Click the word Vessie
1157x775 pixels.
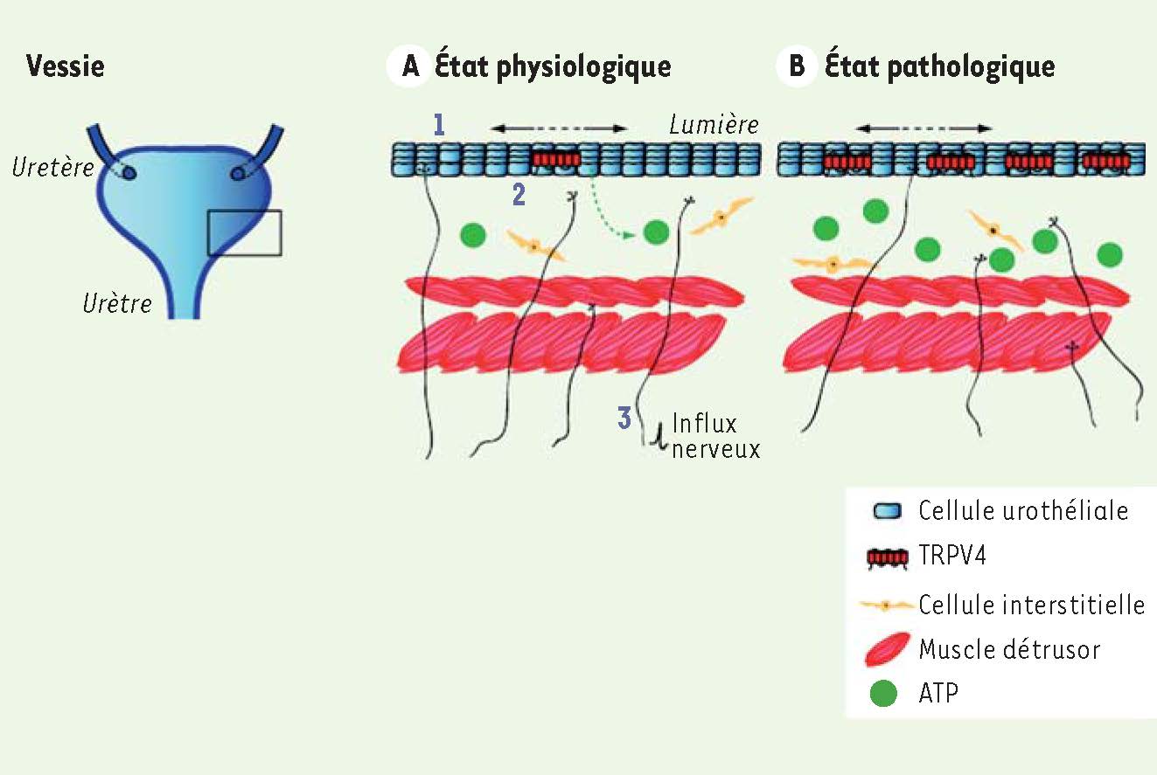(65, 66)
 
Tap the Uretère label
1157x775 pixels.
(53, 167)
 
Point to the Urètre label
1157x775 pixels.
(117, 303)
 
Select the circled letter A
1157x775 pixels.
(410, 66)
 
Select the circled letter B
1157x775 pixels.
(797, 66)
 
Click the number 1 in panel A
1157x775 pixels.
(439, 125)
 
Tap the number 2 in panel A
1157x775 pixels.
(519, 195)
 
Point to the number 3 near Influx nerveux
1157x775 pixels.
(624, 418)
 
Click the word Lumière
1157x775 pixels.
(714, 125)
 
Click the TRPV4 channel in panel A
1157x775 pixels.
(557, 159)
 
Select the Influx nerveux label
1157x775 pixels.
(715, 437)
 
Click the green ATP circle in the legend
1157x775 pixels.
(883, 693)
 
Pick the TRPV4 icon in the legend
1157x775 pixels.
(888, 558)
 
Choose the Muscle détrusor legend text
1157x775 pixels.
(1009, 649)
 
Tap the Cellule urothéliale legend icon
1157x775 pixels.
(888, 511)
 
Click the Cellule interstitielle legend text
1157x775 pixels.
(1031, 605)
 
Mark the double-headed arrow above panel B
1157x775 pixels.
(924, 128)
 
